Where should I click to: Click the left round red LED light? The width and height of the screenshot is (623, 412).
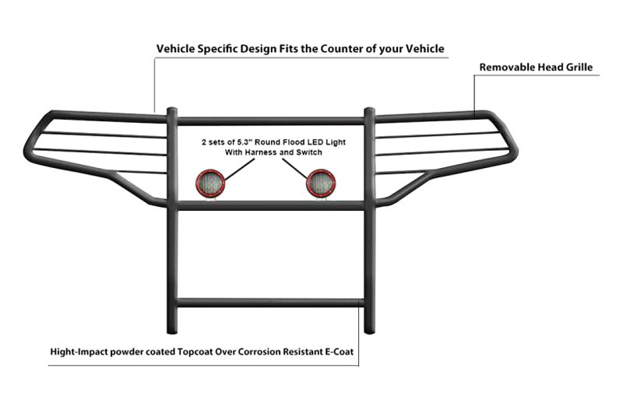click(210, 183)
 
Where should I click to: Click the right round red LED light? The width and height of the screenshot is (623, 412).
click(321, 183)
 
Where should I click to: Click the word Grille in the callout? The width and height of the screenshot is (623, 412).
click(579, 68)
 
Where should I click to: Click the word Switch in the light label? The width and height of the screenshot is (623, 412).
click(311, 152)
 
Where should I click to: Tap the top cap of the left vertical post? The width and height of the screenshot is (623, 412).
click(171, 110)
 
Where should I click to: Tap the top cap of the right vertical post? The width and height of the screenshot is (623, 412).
click(369, 110)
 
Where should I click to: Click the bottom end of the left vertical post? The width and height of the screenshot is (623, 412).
click(172, 331)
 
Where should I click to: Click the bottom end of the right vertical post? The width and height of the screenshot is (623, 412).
click(369, 330)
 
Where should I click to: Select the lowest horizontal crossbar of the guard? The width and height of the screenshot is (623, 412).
click(270, 302)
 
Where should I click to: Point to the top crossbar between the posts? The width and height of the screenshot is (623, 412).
click(270, 121)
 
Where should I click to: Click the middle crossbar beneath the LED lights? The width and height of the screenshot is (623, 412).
click(270, 205)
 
